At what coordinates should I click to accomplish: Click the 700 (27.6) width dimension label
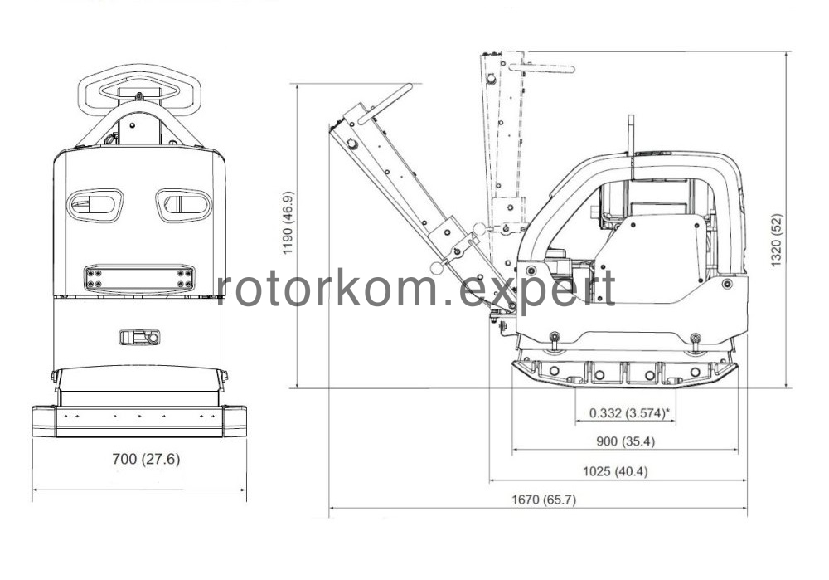[146, 459]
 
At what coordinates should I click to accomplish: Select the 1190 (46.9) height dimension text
[288, 223]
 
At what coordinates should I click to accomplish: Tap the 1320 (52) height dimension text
[777, 240]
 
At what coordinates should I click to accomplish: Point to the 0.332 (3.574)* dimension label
[630, 412]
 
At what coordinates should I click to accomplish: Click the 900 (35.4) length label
[625, 441]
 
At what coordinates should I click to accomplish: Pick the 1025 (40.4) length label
[615, 471]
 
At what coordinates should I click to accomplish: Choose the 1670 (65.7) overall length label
[544, 500]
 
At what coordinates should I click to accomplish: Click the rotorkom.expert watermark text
[416, 289]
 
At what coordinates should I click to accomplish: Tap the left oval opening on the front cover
[95, 205]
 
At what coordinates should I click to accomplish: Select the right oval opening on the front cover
[184, 205]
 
